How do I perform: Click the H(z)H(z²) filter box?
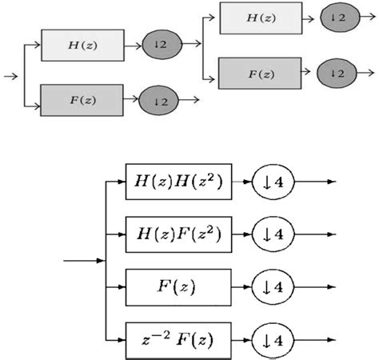pyautogui.click(x=178, y=183)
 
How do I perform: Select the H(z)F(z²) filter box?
pyautogui.click(x=178, y=234)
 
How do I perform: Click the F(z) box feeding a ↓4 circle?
pyautogui.click(x=178, y=286)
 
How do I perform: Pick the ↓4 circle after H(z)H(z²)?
pyautogui.click(x=274, y=183)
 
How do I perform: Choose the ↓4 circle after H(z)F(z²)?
pyautogui.click(x=274, y=234)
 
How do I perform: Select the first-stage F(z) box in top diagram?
pyautogui.click(x=83, y=100)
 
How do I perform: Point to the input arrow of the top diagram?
pyautogui.click(x=11, y=76)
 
